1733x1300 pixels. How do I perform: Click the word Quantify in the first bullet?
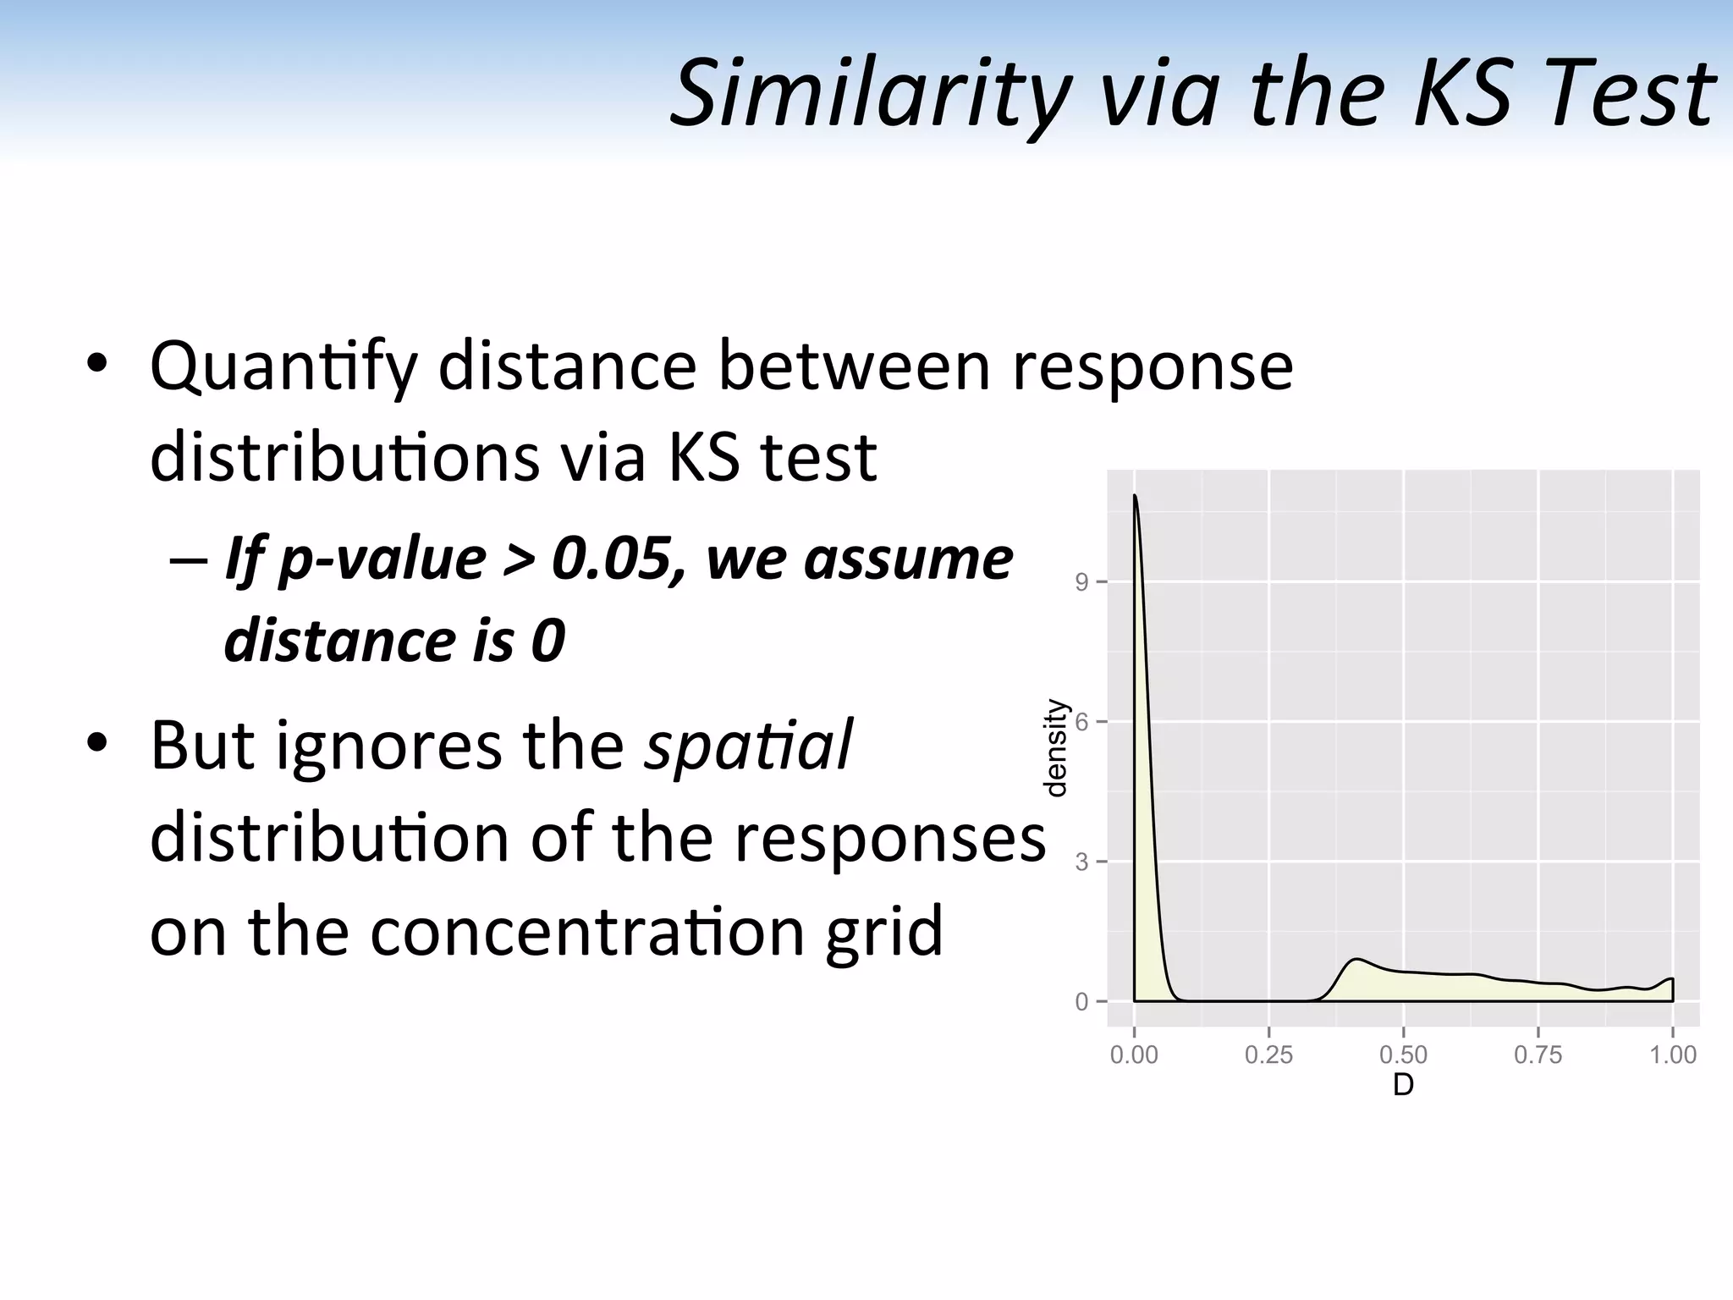tap(283, 367)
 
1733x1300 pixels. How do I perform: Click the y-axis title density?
tap(1054, 748)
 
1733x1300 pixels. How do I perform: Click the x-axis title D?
tap(1403, 1085)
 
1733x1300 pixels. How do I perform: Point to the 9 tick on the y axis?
tap(1081, 582)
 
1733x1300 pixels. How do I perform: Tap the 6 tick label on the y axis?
tap(1081, 722)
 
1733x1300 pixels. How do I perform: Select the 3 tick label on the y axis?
tap(1081, 862)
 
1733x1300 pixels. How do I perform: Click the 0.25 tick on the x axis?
tap(1268, 1055)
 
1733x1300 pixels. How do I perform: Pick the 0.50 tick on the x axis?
tap(1403, 1055)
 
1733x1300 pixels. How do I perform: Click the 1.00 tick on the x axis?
tap(1672, 1055)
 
